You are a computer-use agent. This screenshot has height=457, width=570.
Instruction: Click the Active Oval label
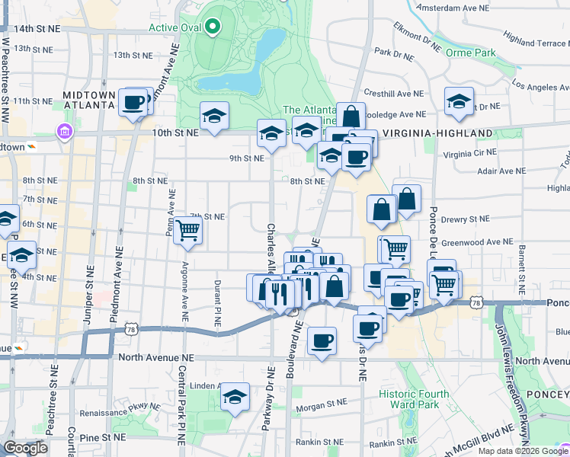[x=174, y=28]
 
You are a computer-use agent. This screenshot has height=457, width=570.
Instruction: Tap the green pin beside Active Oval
[x=212, y=28]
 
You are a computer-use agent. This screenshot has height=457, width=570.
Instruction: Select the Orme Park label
[x=471, y=53]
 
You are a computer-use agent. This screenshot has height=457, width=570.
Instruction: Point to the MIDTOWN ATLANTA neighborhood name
[x=89, y=100]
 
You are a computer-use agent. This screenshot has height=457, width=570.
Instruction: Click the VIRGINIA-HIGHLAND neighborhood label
[x=437, y=133]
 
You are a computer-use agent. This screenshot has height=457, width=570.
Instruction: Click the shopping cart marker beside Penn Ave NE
[x=187, y=230]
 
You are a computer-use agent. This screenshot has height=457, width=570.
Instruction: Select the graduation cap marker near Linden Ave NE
[x=235, y=397]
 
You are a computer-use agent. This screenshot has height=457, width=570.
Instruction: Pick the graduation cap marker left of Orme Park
[x=460, y=102]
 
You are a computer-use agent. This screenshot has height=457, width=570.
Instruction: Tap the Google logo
[x=26, y=448]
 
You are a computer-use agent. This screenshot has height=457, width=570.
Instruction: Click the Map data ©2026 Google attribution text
[x=522, y=451]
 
